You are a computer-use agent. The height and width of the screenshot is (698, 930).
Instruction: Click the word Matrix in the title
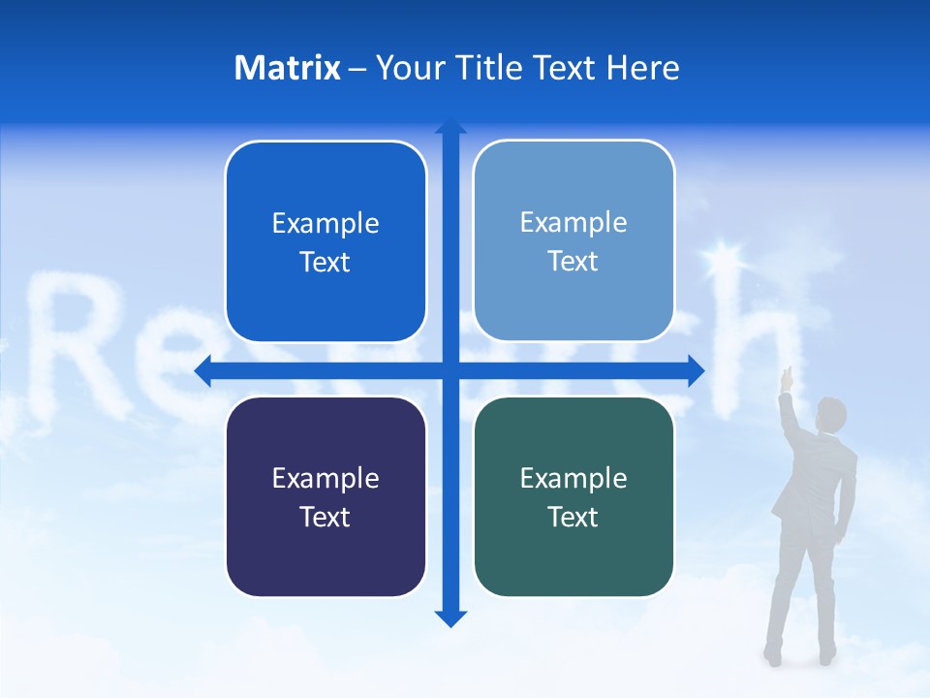[287, 68]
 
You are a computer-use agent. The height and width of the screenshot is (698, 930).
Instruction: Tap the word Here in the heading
[642, 68]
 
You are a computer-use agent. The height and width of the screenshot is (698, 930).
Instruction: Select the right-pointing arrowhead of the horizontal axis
[696, 371]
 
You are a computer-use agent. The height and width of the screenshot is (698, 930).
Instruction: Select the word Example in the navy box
[325, 478]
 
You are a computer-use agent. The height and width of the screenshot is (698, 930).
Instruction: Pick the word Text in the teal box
[573, 517]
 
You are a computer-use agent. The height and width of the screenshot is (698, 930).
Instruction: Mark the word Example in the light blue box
[573, 223]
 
